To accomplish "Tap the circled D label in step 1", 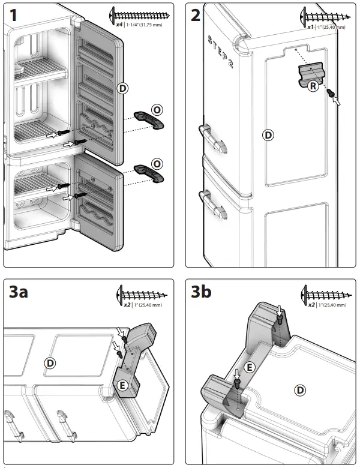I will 122,89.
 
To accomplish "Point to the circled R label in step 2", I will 313,86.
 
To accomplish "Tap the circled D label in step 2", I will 268,135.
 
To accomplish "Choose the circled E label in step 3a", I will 122,385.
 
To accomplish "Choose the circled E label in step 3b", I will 250,367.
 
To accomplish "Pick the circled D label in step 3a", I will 51,363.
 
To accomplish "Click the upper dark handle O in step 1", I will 148,119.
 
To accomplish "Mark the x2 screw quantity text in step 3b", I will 310,305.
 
